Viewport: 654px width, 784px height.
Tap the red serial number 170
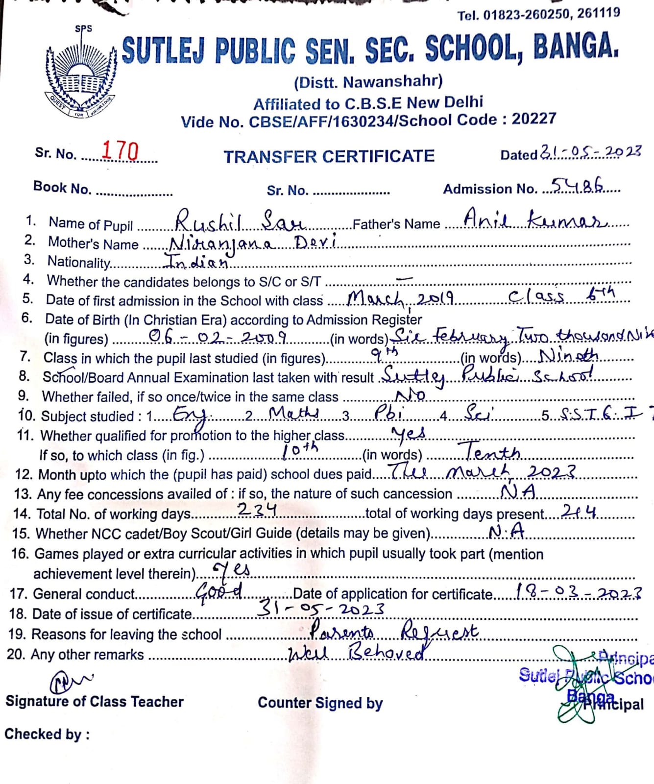pos(120,151)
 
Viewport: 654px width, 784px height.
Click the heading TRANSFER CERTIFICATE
pos(329,156)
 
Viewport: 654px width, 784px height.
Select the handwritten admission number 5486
pos(578,185)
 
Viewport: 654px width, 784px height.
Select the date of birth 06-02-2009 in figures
pos(218,336)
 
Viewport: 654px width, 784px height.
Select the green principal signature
pos(578,686)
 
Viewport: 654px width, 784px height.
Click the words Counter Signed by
pos(320,703)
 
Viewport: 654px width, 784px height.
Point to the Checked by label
pos(47,734)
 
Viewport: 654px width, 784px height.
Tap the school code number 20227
pos(533,119)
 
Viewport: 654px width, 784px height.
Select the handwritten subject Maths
pos(294,414)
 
